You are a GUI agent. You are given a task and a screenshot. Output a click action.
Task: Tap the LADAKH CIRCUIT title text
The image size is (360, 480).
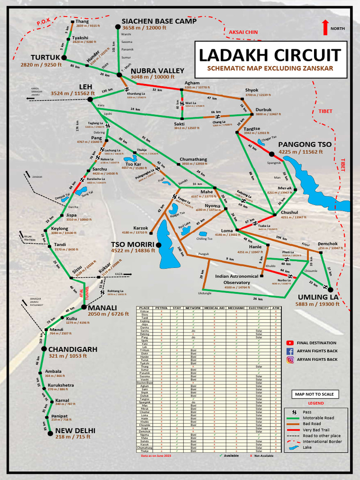pos(270,55)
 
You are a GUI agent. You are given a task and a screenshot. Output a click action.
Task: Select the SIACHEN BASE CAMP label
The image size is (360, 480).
pos(159,21)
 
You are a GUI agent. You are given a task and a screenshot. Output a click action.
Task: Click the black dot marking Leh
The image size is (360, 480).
pos(90,99)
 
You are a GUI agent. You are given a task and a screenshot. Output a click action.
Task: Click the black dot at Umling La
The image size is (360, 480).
pos(330,289)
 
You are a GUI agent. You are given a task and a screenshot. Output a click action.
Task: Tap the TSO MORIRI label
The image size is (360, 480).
pos(133,244)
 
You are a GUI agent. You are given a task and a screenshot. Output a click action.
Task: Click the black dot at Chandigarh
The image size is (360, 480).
pos(44,349)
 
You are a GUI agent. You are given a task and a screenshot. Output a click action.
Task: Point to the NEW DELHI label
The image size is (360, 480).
pos(75,431)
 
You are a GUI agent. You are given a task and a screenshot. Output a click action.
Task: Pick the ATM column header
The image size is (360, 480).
pos(276,308)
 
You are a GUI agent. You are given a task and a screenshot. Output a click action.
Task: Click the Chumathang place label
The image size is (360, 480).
pos(194,159)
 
